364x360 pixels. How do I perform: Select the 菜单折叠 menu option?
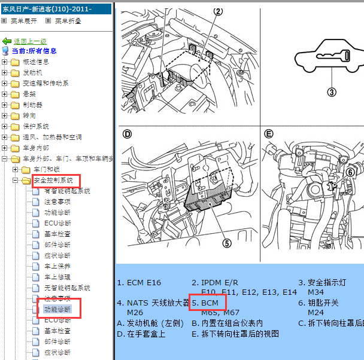(67, 21)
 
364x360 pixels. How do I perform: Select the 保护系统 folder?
(35, 126)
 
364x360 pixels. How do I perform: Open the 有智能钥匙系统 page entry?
(67, 191)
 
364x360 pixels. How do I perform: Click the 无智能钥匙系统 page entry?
(67, 288)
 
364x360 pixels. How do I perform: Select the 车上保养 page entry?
(57, 266)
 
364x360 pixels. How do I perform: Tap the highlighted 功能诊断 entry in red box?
(57, 309)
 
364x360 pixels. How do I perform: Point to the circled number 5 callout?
(226, 243)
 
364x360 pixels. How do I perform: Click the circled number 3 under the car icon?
(332, 91)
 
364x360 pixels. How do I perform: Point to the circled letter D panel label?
(126, 133)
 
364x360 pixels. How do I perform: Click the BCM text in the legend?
(210, 303)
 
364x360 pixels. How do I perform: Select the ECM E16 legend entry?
(139, 283)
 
